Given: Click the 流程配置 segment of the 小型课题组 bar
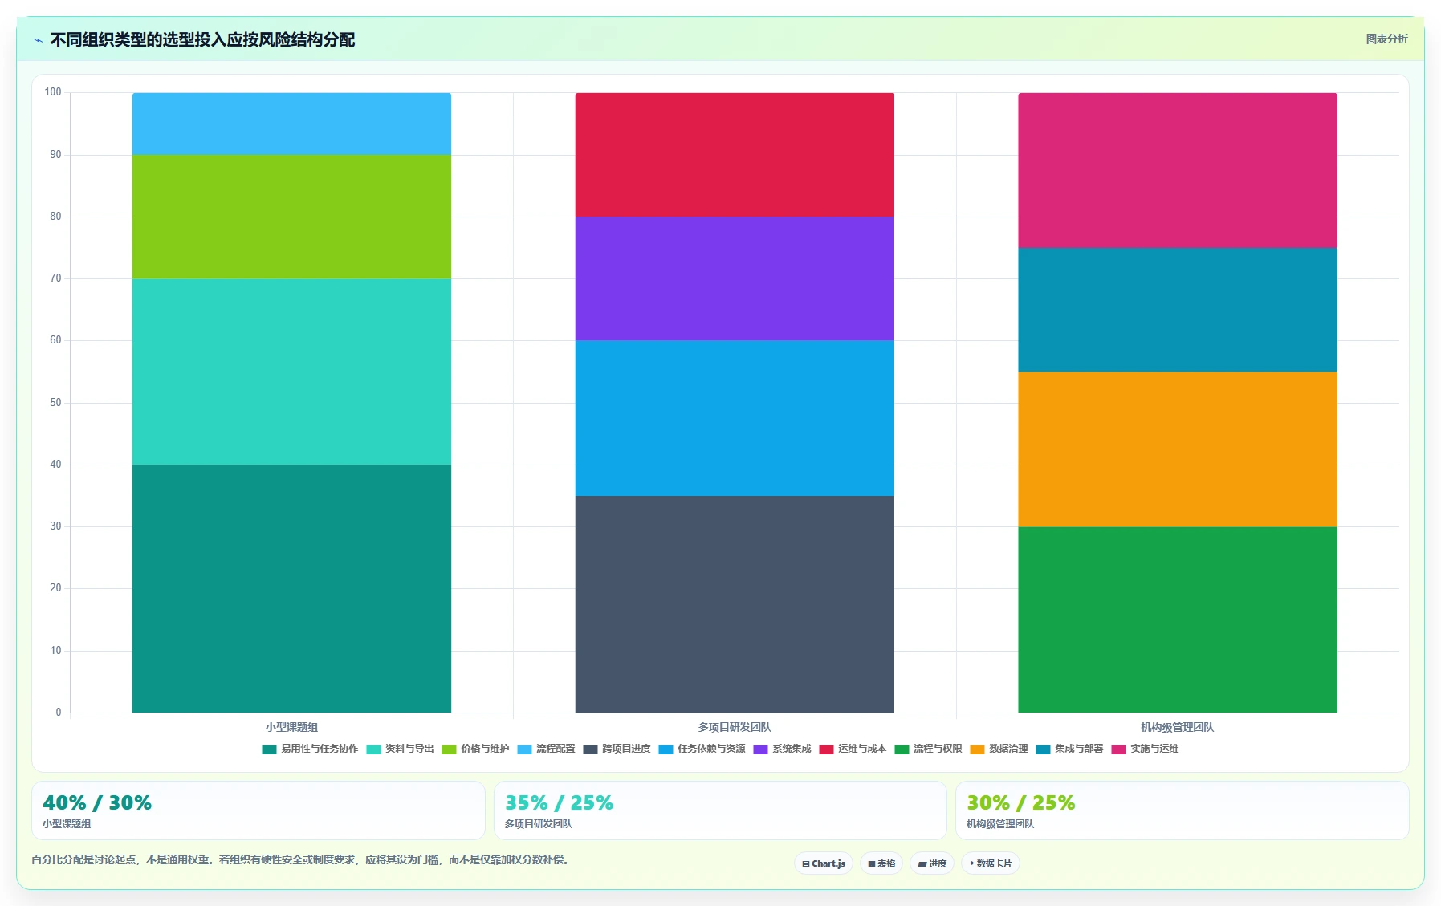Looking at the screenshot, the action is click(x=291, y=124).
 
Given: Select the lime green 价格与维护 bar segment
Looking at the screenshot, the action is click(x=291, y=217).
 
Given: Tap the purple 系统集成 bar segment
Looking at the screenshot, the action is click(x=735, y=278).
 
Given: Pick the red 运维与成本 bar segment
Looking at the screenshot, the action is click(x=735, y=155).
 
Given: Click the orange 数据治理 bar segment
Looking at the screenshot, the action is click(x=1178, y=449).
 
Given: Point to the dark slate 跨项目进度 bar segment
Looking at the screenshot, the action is click(x=735, y=604).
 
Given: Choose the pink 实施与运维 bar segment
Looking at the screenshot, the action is click(x=1178, y=170).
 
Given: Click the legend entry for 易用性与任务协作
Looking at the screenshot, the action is click(x=310, y=749).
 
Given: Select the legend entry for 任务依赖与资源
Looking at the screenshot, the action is click(x=702, y=749).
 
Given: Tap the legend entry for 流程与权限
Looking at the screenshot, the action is click(x=928, y=749).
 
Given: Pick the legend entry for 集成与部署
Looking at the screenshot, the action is click(x=1069, y=749).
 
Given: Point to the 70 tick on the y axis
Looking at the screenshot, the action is click(x=55, y=278).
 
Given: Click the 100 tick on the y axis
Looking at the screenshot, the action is click(x=53, y=92).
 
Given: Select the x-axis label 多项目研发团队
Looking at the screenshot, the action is click(x=735, y=727).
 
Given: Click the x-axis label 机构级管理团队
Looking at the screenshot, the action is click(x=1178, y=727).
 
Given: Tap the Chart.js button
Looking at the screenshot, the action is click(x=824, y=863).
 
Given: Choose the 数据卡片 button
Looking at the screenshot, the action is click(x=991, y=863).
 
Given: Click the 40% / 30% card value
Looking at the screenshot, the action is click(x=97, y=802).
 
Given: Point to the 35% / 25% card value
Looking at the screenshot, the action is click(x=559, y=802).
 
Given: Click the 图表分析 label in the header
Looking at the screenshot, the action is click(x=1387, y=39).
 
